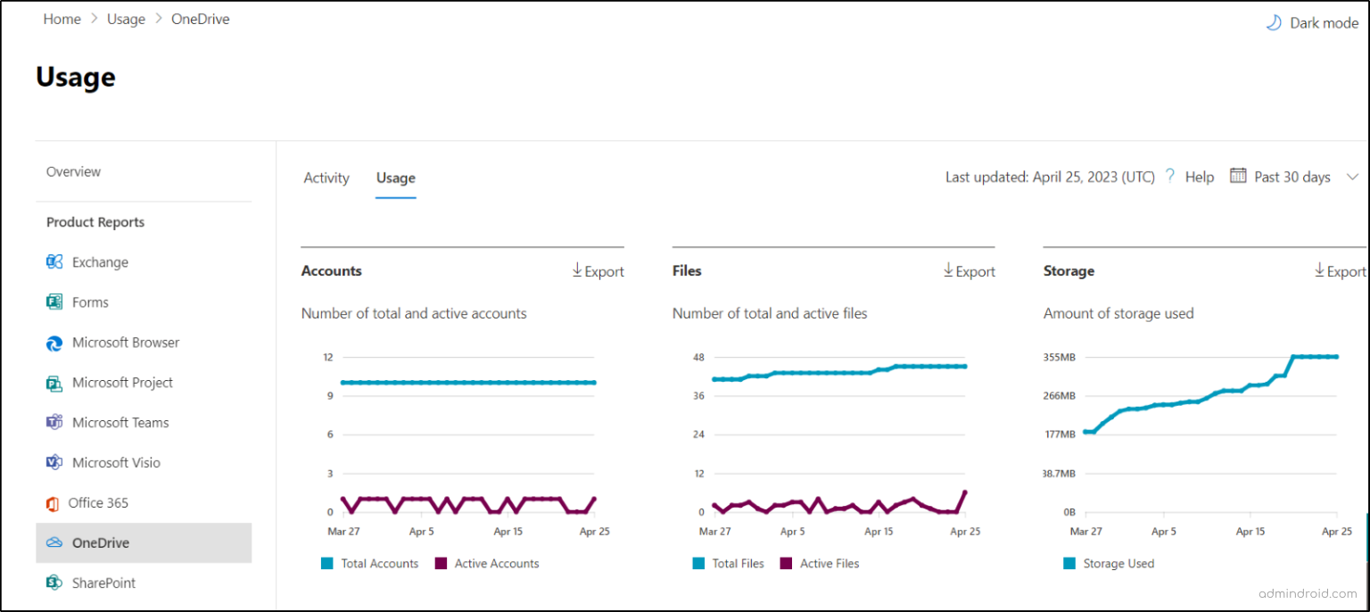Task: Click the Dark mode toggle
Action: pyautogui.click(x=1312, y=23)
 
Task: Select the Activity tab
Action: pyautogui.click(x=326, y=178)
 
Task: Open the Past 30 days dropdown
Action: pyautogui.click(x=1293, y=177)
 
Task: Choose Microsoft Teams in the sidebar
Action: pyautogui.click(x=120, y=423)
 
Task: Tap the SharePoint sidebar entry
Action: pyautogui.click(x=103, y=583)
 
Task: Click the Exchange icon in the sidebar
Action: pyautogui.click(x=54, y=262)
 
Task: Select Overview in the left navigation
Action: pyautogui.click(x=73, y=171)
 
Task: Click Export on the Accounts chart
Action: pyautogui.click(x=598, y=271)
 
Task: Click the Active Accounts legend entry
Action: pyautogui.click(x=496, y=564)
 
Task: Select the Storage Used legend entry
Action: pyautogui.click(x=1118, y=564)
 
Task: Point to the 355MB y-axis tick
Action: pyautogui.click(x=1060, y=358)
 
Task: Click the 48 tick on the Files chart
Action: pyautogui.click(x=698, y=358)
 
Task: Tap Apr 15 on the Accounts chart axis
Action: pyautogui.click(x=508, y=531)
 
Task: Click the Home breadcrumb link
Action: pyautogui.click(x=62, y=19)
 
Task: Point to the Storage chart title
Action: pyautogui.click(x=1069, y=271)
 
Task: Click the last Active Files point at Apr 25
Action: pyautogui.click(x=965, y=492)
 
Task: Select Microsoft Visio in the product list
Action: pyautogui.click(x=116, y=463)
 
